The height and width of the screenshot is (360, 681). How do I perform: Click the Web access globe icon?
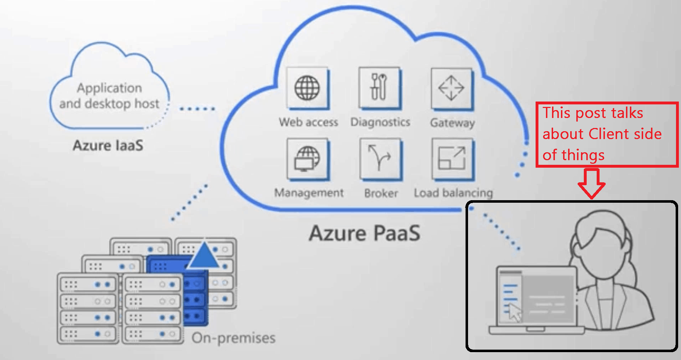click(308, 88)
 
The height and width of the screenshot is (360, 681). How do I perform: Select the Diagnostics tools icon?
click(380, 88)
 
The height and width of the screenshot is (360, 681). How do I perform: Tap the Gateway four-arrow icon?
click(452, 88)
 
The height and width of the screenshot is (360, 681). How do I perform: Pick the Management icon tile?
click(308, 159)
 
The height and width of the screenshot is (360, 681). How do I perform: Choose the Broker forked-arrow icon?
click(381, 159)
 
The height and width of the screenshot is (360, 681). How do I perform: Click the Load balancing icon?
click(453, 159)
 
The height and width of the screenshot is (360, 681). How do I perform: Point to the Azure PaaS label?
click(364, 233)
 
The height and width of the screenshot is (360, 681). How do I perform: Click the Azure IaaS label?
click(108, 146)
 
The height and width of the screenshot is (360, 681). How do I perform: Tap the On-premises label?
click(233, 338)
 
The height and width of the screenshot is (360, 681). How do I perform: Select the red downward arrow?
click(591, 183)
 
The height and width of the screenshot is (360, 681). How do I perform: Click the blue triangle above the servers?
click(204, 255)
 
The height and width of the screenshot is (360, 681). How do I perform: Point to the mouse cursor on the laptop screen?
click(515, 312)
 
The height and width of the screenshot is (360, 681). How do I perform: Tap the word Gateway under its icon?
click(452, 123)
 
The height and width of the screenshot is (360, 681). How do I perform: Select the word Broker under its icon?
click(381, 193)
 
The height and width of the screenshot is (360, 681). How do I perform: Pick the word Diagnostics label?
click(380, 122)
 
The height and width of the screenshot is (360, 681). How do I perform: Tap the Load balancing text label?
click(453, 193)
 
